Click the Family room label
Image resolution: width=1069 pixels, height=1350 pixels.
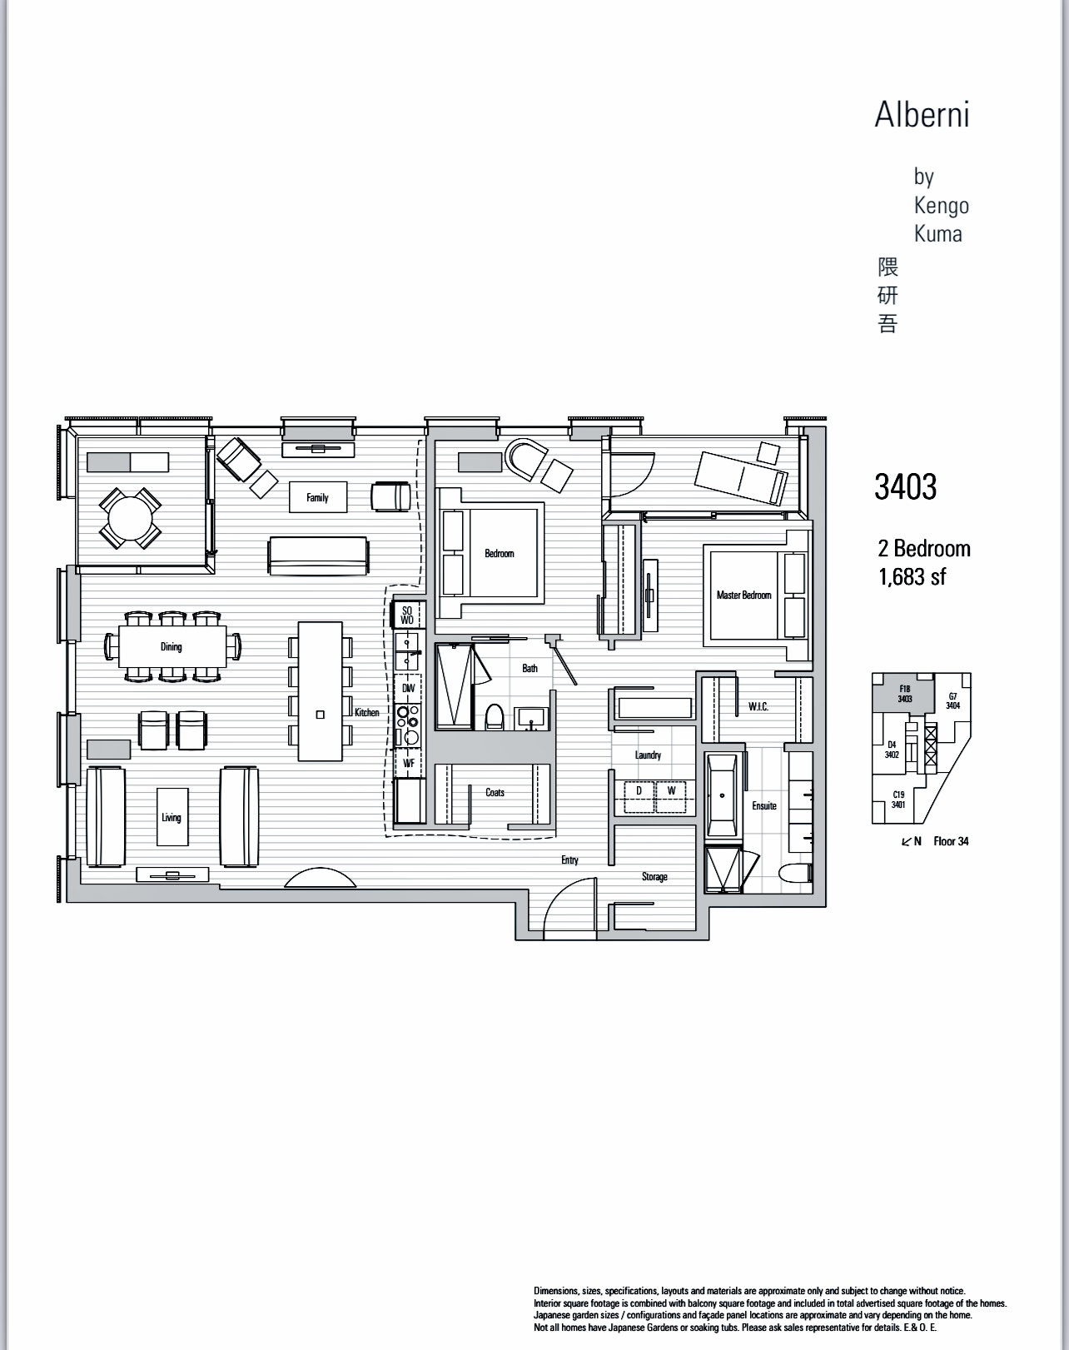pyautogui.click(x=317, y=498)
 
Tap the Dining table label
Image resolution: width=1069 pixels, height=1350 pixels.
pyautogui.click(x=171, y=647)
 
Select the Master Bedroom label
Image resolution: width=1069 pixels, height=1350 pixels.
pyautogui.click(x=743, y=595)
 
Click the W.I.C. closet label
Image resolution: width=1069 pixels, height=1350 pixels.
pyautogui.click(x=758, y=707)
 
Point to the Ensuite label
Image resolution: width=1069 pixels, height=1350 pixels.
pyautogui.click(x=763, y=805)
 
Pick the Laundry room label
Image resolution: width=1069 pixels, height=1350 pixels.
pyautogui.click(x=648, y=755)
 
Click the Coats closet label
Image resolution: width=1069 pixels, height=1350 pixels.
pyautogui.click(x=495, y=793)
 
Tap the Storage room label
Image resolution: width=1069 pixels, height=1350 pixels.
pyautogui.click(x=654, y=877)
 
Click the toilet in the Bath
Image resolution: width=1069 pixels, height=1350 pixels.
pyautogui.click(x=495, y=718)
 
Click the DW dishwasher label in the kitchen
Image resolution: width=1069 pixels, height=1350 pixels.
pyautogui.click(x=408, y=689)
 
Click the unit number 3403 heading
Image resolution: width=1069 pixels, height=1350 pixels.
pyautogui.click(x=905, y=487)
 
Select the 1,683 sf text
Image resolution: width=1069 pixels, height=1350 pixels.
pyautogui.click(x=912, y=576)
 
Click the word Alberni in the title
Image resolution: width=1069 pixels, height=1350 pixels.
pyautogui.click(x=922, y=114)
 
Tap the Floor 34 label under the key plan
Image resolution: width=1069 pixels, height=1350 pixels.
pyautogui.click(x=950, y=841)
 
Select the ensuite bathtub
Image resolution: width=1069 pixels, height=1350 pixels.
pyautogui.click(x=720, y=795)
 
